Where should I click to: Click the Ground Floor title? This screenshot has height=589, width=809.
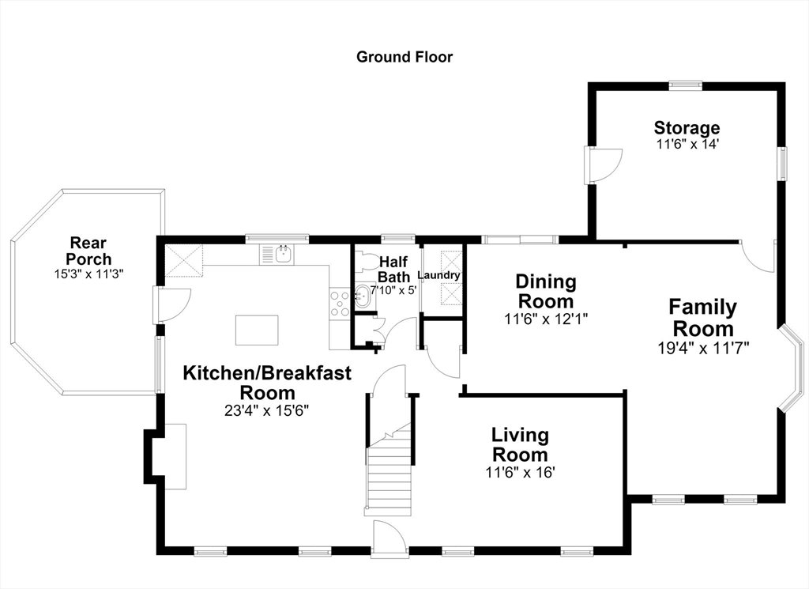404,57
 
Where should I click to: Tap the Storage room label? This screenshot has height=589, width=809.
687,127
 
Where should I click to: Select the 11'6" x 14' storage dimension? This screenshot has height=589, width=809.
687,144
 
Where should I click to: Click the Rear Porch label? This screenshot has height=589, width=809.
88,251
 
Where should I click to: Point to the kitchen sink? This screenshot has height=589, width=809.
284,254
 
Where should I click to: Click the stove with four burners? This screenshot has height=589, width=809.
340,304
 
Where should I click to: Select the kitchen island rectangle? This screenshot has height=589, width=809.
257,330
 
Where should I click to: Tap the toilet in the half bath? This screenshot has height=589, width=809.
367,259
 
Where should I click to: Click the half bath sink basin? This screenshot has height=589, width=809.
362,296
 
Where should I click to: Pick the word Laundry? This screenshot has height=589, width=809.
438,275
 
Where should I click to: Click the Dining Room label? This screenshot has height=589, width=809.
546,291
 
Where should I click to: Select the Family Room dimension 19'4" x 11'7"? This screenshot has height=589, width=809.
704,348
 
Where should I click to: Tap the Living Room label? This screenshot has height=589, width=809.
520,444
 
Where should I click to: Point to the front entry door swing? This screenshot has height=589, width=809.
389,537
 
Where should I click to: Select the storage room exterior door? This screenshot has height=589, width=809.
604,164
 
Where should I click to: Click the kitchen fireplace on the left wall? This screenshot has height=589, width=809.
165,456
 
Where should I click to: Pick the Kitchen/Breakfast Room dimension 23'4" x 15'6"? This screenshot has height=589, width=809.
267,411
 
